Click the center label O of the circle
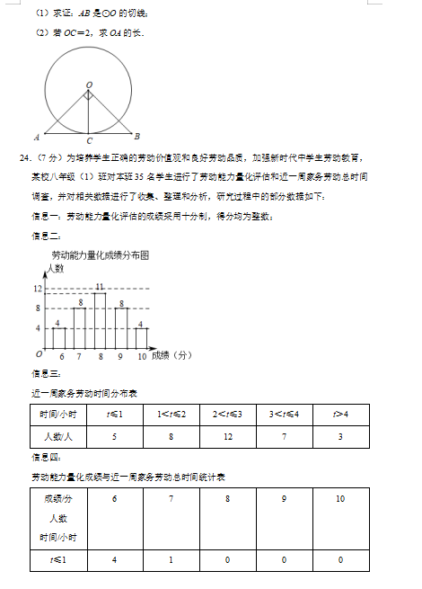(89, 84)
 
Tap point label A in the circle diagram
(36, 138)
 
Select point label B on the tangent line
(136, 137)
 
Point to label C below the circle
(89, 141)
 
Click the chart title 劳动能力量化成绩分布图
(100, 255)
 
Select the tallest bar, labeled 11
(100, 320)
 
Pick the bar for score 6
(58, 338)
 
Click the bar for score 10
(141, 338)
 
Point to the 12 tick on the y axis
(37, 289)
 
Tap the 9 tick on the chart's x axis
(120, 357)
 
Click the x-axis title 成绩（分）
(172, 356)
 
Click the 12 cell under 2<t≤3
(227, 437)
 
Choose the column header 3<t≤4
(285, 414)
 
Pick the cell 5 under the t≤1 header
(115, 437)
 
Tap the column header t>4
(341, 414)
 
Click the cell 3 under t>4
(341, 437)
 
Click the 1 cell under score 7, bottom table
(171, 560)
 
